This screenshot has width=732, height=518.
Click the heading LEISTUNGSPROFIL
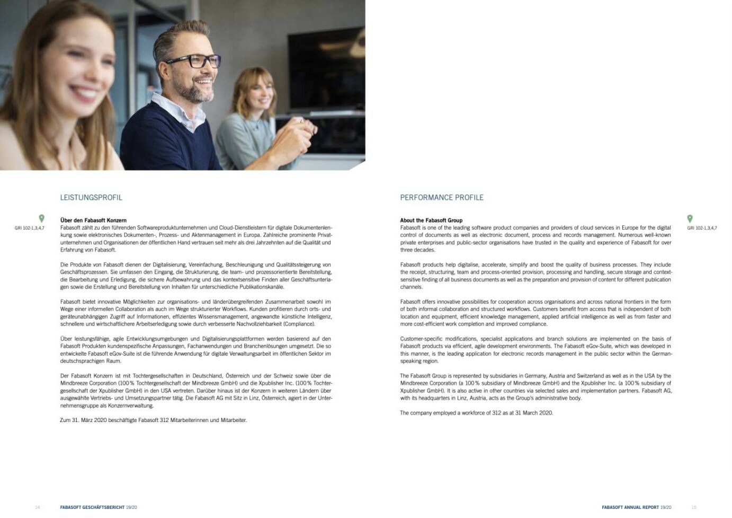pyautogui.click(x=91, y=198)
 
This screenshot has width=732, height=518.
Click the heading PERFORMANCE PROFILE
pyautogui.click(x=441, y=198)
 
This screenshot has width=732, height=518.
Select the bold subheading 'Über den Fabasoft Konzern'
pyautogui.click(x=93, y=220)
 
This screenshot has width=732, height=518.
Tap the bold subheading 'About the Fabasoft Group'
pyautogui.click(x=431, y=220)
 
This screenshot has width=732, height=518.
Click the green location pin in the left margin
pyautogui.click(x=42, y=218)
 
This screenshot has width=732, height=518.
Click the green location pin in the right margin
pyautogui.click(x=690, y=218)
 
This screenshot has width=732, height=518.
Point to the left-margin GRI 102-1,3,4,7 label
pyautogui.click(x=30, y=228)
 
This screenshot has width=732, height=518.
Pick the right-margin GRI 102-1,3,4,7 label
pyautogui.click(x=702, y=228)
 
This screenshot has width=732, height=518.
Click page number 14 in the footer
pyautogui.click(x=37, y=507)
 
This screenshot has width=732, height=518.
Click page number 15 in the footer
pyautogui.click(x=694, y=507)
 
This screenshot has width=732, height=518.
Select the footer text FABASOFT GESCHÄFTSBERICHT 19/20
pyautogui.click(x=99, y=507)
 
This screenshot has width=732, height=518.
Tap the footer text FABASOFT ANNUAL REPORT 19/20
pyautogui.click(x=636, y=507)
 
